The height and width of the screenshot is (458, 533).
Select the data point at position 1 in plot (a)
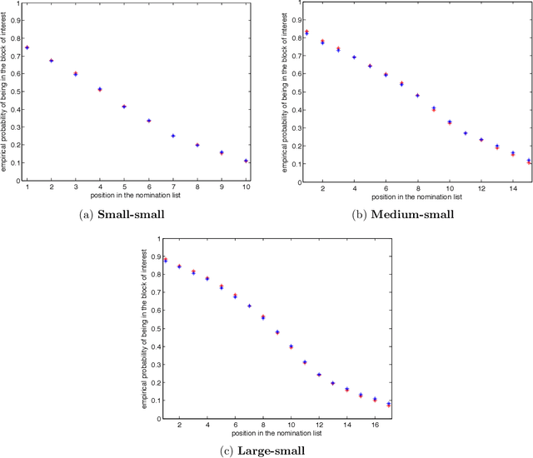coord(27,47)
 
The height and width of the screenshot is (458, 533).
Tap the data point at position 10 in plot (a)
coord(247,161)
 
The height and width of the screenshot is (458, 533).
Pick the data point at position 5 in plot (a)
coord(124,107)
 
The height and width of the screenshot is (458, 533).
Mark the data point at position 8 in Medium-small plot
coord(417,95)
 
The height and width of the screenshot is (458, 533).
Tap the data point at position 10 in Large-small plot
coord(291,346)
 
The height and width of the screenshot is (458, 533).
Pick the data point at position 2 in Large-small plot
coord(179,266)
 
